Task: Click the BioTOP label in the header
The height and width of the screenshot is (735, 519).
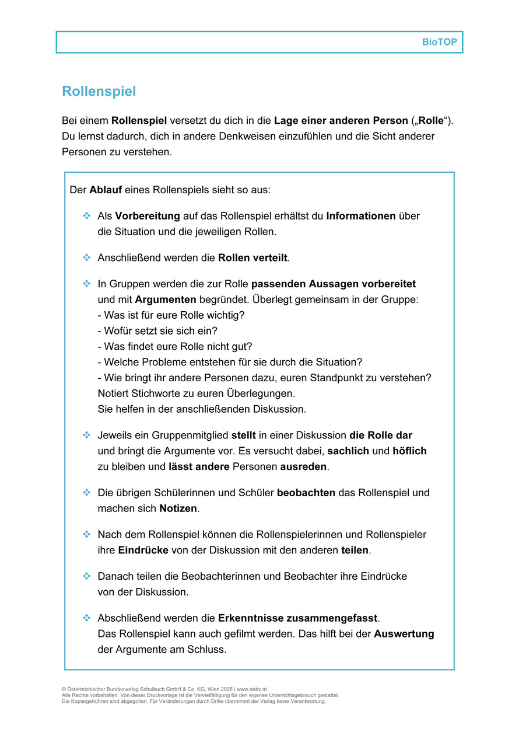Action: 439,43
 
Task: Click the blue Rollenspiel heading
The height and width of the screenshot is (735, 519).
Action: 99,91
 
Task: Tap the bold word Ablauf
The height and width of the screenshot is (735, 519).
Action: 106,190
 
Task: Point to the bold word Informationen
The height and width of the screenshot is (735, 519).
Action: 361,216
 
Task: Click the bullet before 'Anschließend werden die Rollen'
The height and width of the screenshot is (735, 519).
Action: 87,257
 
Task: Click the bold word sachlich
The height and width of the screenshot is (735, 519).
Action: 348,451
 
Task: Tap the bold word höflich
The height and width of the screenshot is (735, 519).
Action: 409,451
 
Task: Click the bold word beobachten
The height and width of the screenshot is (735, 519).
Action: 306,493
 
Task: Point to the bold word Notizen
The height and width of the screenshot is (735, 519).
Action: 178,508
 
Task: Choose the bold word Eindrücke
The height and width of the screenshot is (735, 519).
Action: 143,550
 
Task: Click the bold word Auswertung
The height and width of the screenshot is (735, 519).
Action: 404,633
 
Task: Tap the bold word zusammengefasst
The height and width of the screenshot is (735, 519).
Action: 298,618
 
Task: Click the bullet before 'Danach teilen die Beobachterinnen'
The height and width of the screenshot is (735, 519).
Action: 87,576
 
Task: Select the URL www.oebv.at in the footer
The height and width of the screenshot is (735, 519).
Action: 252,689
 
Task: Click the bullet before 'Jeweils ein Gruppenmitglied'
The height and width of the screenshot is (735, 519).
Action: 87,436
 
